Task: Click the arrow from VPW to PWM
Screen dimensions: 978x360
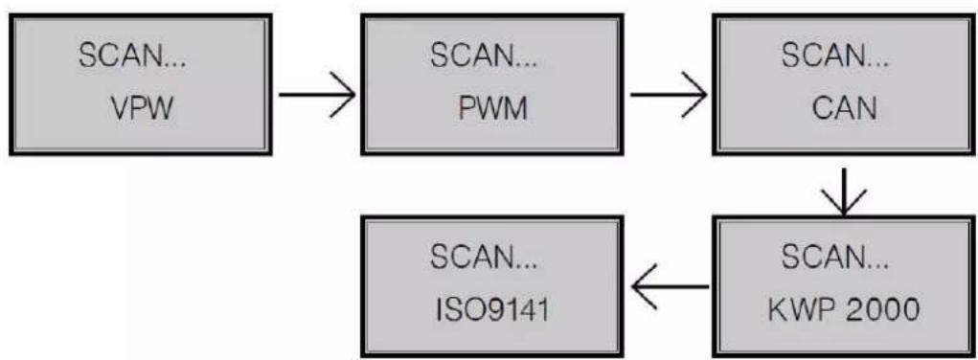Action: click(315, 96)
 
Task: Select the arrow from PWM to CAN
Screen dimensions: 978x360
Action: click(668, 96)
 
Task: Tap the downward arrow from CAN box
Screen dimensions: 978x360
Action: click(844, 189)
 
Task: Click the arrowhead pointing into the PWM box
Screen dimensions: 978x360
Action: click(345, 96)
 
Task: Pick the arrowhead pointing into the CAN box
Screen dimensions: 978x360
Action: click(697, 96)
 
